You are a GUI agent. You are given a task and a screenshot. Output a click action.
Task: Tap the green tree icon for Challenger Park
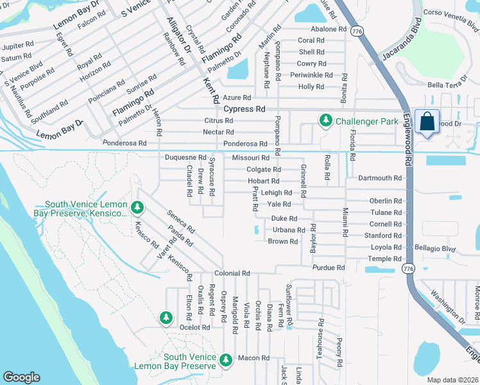325,120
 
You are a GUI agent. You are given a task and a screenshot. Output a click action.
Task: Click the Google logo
21,377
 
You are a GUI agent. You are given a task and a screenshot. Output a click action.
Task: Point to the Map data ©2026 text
452,380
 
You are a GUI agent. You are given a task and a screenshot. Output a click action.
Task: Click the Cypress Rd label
244,109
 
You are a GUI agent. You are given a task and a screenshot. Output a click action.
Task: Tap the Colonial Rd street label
232,273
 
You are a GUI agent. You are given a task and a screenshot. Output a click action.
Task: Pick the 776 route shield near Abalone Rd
357,30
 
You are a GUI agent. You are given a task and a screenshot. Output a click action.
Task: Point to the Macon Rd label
253,358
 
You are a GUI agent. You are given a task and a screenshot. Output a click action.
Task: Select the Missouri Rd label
250,158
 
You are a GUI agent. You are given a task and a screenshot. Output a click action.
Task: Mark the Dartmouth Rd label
380,178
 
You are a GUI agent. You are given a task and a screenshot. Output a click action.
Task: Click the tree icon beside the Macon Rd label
225,361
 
